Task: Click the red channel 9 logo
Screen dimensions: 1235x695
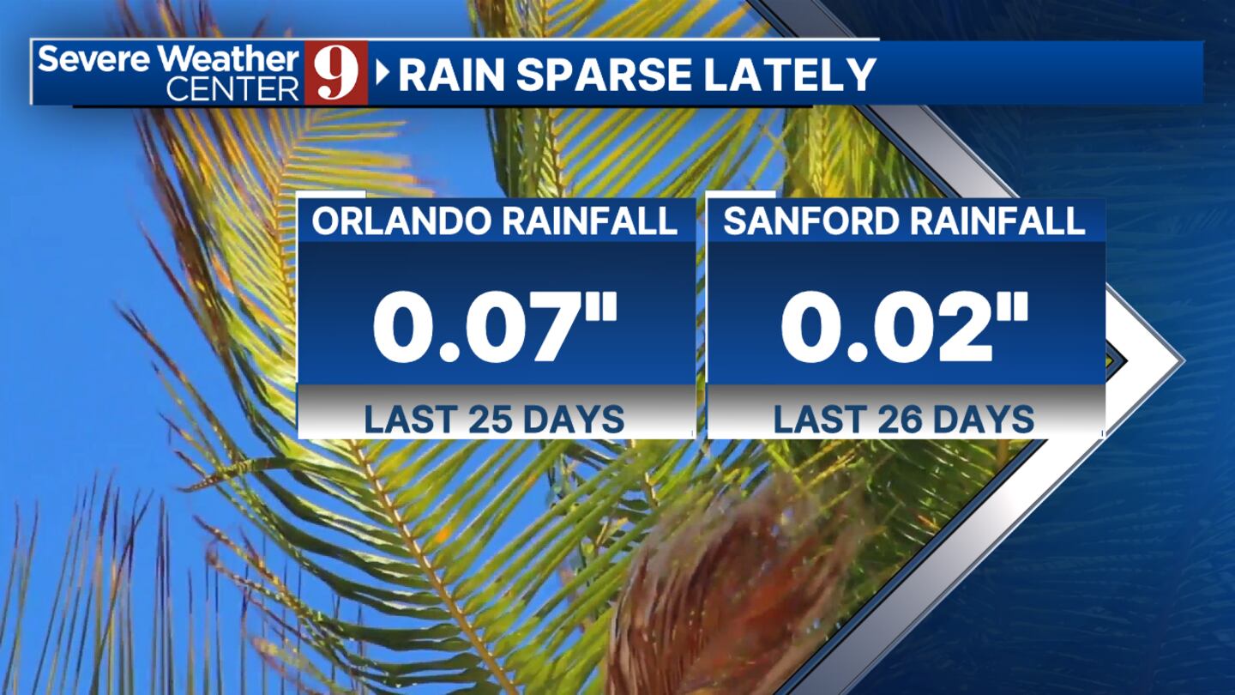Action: [x=336, y=73]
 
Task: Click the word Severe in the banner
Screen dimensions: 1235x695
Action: [x=93, y=58]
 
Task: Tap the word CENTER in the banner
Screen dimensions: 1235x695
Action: [x=232, y=88]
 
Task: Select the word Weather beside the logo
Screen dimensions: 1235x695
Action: [x=228, y=58]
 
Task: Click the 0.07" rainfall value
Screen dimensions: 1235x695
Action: [x=495, y=328]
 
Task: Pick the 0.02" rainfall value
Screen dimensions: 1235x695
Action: [x=905, y=328]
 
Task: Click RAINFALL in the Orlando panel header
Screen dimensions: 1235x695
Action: [x=589, y=221]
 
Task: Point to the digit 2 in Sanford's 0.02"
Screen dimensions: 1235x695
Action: [x=953, y=328]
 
